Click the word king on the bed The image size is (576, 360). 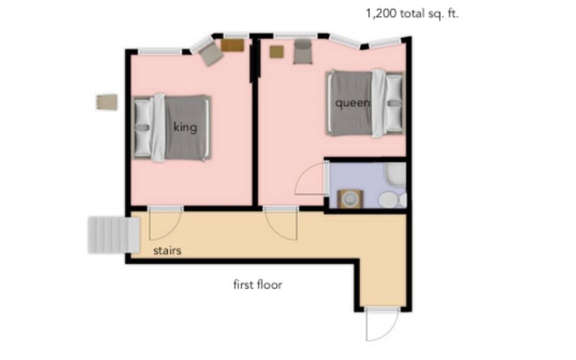pyautogui.click(x=185, y=127)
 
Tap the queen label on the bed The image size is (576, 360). pyautogui.click(x=352, y=103)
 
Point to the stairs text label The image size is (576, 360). pyautogui.click(x=167, y=250)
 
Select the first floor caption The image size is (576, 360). pyautogui.click(x=258, y=284)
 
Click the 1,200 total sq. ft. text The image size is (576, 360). pyautogui.click(x=412, y=14)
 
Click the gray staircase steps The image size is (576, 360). pyautogui.click(x=113, y=235)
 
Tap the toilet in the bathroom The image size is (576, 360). pyautogui.click(x=392, y=200)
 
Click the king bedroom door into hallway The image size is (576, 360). pyautogui.click(x=165, y=223)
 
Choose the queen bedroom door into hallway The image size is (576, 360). pyautogui.click(x=281, y=223)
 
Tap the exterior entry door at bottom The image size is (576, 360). pyautogui.click(x=382, y=324)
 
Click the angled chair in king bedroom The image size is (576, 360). pyautogui.click(x=210, y=53)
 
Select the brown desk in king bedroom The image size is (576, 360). pyautogui.click(x=232, y=45)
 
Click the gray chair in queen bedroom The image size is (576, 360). pyautogui.click(x=302, y=52)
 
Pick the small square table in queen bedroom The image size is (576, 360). pyautogui.click(x=276, y=52)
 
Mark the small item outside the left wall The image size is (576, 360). pyautogui.click(x=107, y=102)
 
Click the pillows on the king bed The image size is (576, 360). pyautogui.click(x=143, y=127)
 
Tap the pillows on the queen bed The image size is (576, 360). pyautogui.click(x=394, y=103)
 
